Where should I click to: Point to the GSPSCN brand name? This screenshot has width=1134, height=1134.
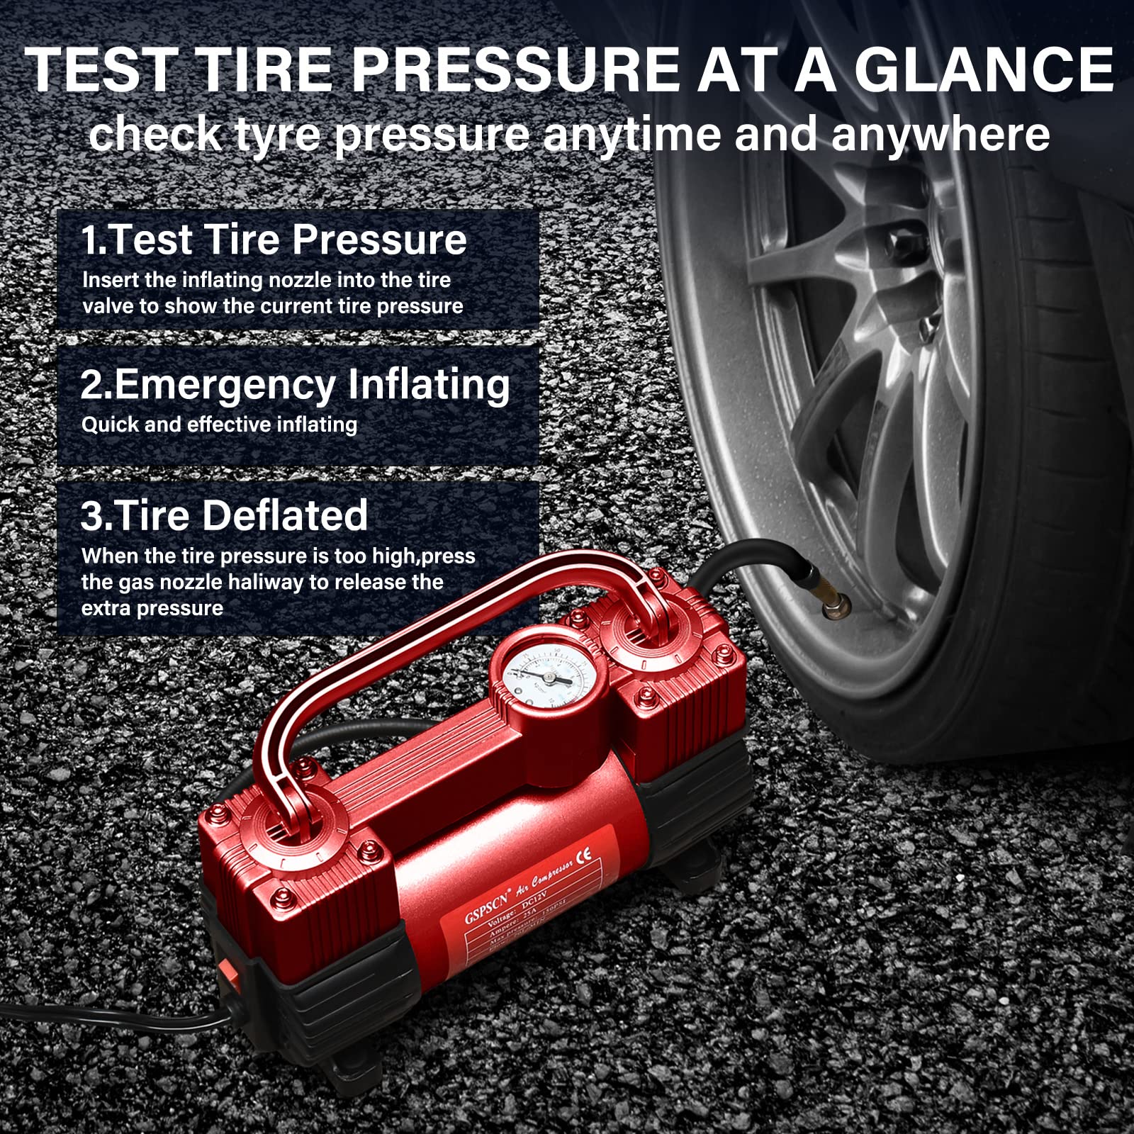487,904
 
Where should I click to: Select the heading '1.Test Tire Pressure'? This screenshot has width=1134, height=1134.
274,240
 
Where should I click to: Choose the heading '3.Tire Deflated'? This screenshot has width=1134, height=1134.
224,515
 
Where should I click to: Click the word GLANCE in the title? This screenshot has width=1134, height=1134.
983,69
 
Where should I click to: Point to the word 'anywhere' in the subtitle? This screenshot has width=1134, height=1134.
941,134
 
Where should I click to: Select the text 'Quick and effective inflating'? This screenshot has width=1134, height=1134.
219,425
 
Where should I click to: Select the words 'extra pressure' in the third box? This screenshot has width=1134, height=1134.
152,608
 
